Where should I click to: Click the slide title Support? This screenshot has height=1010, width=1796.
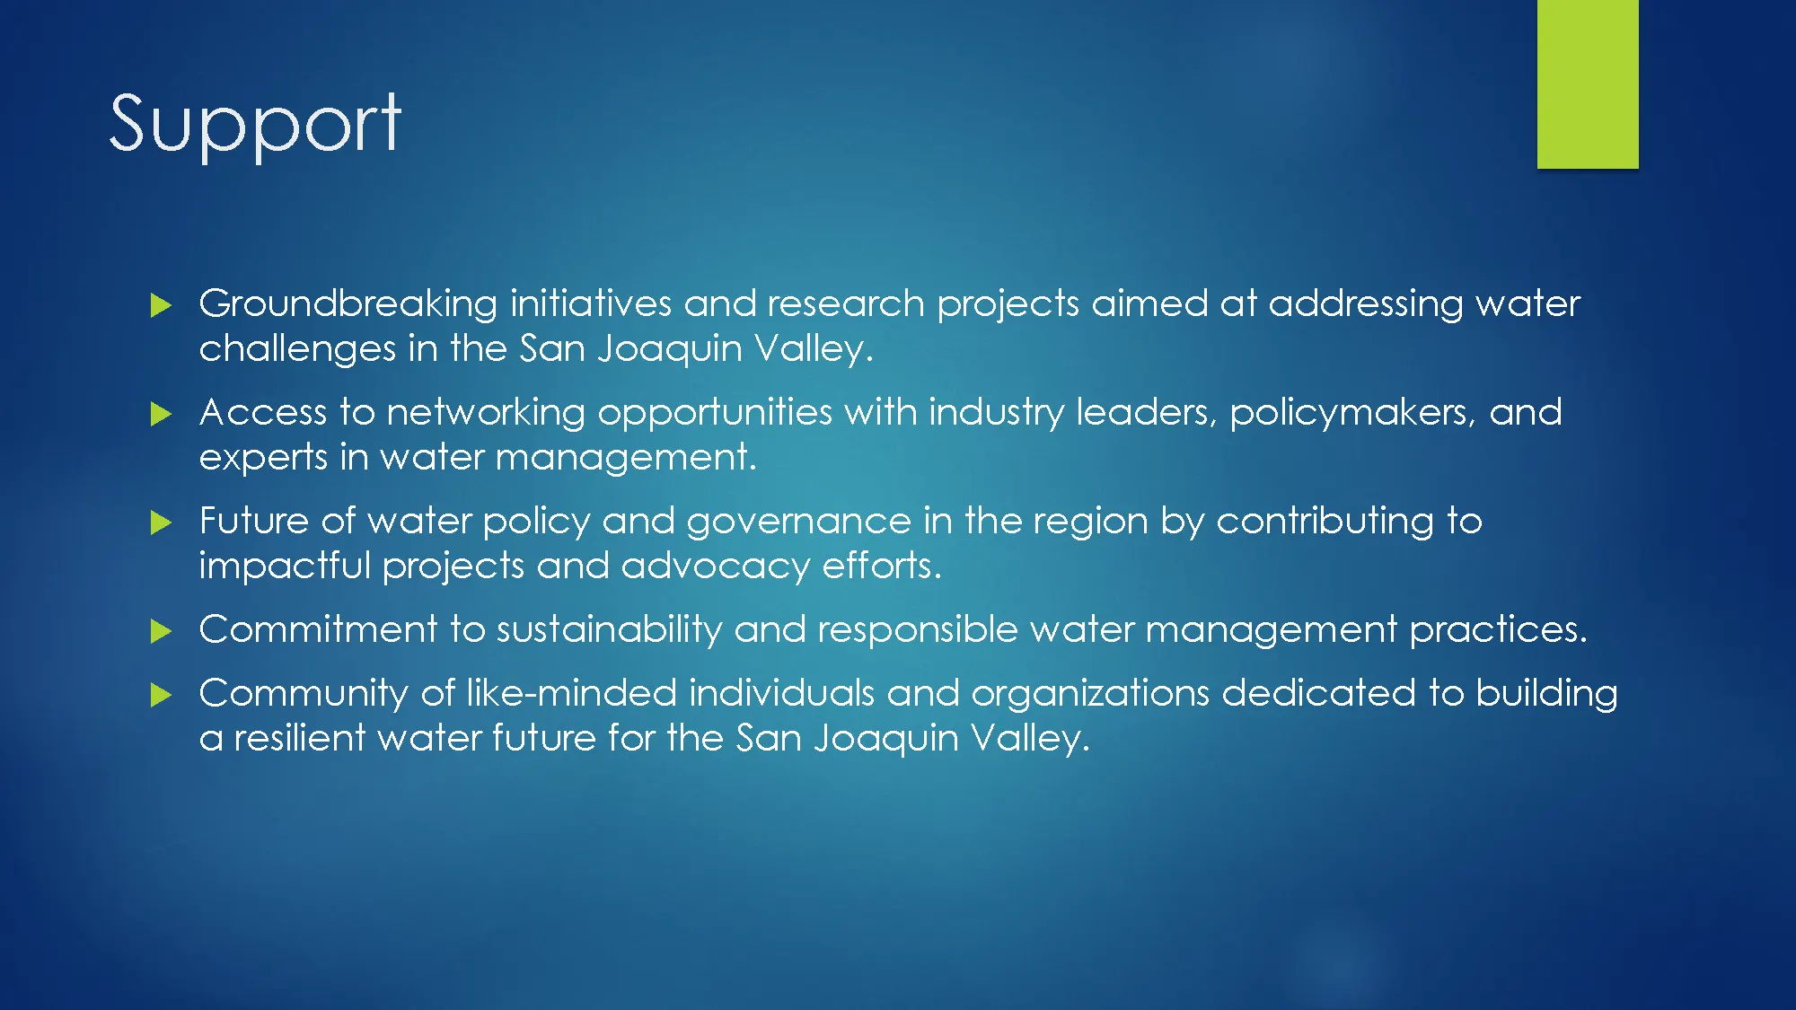pos(255,124)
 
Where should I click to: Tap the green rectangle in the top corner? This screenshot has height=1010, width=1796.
pos(1587,83)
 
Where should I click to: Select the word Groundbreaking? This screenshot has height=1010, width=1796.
pos(348,304)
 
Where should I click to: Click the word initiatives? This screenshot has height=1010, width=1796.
pos(590,303)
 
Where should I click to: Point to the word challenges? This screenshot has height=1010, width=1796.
pos(297,349)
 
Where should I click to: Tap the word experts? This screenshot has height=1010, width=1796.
pos(263,458)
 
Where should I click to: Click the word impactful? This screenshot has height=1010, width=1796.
pos(285,566)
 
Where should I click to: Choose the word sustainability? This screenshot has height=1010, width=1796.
pos(609,630)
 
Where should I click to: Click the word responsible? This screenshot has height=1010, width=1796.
pos(917,630)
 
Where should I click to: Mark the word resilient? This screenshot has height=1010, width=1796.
pos(299,738)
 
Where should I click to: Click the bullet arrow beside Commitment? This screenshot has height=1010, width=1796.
pos(161,631)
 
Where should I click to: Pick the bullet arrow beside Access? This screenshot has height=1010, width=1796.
pos(161,414)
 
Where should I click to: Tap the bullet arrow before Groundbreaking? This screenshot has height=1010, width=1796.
pos(161,305)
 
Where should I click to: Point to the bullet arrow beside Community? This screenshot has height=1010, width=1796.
pos(161,695)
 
